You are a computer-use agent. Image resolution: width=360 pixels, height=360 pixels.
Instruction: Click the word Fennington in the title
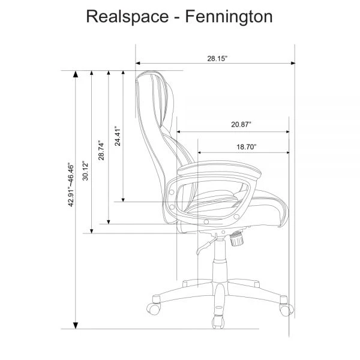[232, 17]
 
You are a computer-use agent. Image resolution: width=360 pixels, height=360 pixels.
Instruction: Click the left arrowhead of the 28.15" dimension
[139, 62]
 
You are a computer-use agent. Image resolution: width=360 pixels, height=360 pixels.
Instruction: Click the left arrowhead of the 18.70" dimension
[200, 152]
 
